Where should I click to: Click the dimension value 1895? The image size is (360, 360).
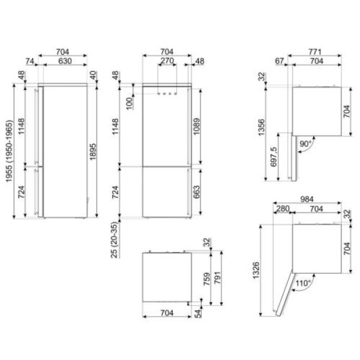pos(93,152)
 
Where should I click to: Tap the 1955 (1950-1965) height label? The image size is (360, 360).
pos(9,151)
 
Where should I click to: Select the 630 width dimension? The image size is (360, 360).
pos(65,61)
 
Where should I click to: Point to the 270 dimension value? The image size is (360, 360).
pos(167,61)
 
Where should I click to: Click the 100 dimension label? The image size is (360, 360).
pos(130,103)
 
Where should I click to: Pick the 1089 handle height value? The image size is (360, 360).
pos(197,127)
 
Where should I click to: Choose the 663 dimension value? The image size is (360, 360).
pos(197,192)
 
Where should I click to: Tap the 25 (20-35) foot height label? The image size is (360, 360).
pos(115,240)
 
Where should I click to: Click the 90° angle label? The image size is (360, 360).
pos(306,144)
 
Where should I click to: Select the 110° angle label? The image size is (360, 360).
pos(303,283)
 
